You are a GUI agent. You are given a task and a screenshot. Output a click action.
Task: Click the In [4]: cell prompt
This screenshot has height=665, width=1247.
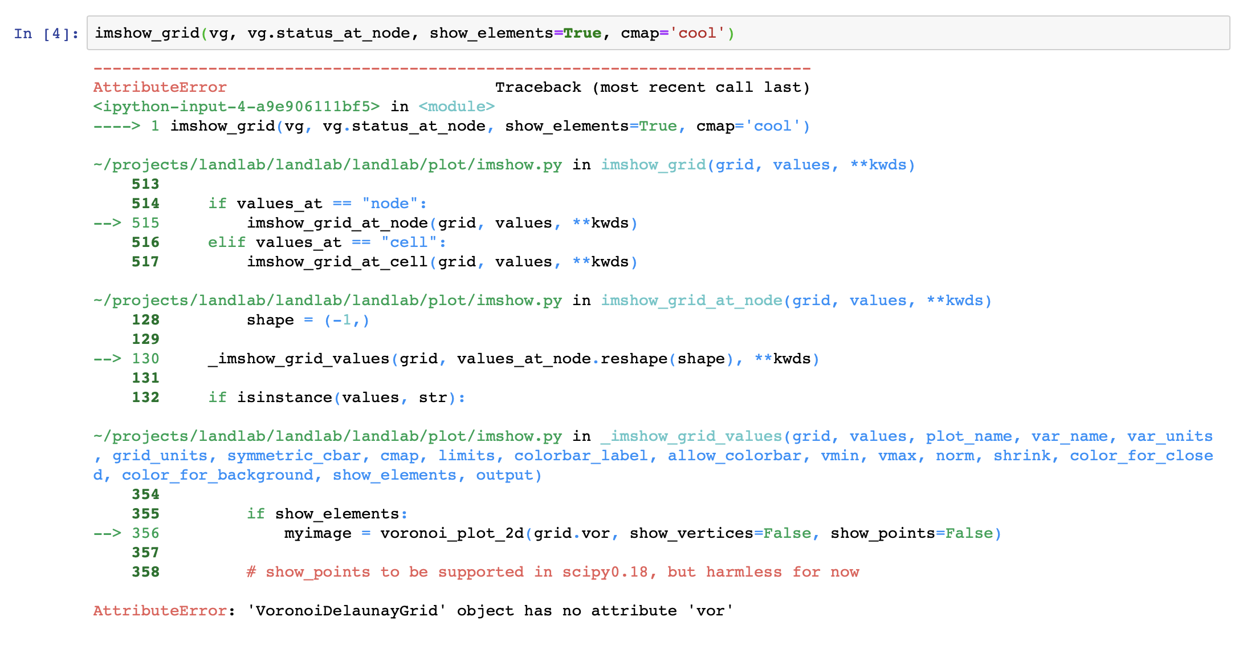tap(46, 34)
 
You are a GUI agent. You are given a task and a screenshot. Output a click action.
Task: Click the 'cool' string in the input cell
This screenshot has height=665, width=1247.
tap(696, 34)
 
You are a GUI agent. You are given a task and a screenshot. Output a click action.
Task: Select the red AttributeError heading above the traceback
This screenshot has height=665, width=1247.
tap(160, 87)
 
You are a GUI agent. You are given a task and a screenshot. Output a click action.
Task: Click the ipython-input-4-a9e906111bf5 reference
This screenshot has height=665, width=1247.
tap(237, 107)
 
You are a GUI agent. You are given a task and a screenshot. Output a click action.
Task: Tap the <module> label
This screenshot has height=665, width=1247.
tap(456, 107)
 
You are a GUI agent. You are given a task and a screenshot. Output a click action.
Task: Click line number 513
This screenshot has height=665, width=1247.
tap(145, 184)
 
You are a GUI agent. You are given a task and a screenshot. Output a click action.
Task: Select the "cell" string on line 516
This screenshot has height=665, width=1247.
tap(409, 242)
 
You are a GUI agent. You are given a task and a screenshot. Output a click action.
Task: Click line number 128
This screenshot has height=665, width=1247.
tap(145, 320)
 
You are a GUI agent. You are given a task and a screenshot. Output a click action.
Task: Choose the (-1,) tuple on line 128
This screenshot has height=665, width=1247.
tap(347, 320)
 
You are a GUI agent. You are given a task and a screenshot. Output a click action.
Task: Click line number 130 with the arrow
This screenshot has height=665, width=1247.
tap(145, 359)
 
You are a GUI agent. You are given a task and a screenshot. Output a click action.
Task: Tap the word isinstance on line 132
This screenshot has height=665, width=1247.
tap(284, 398)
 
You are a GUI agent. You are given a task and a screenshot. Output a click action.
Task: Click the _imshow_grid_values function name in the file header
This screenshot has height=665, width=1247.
tap(691, 436)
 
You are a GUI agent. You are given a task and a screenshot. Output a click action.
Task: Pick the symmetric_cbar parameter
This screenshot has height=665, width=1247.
tap(294, 456)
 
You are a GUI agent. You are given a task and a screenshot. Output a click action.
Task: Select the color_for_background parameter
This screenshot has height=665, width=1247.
tap(218, 475)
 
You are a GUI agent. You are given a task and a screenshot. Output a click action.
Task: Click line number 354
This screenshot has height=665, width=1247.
tap(145, 494)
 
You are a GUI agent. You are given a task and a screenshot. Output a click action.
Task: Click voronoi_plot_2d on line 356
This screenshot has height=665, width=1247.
tap(452, 533)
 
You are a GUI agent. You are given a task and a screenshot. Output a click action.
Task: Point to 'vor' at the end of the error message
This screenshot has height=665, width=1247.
tap(710, 611)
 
